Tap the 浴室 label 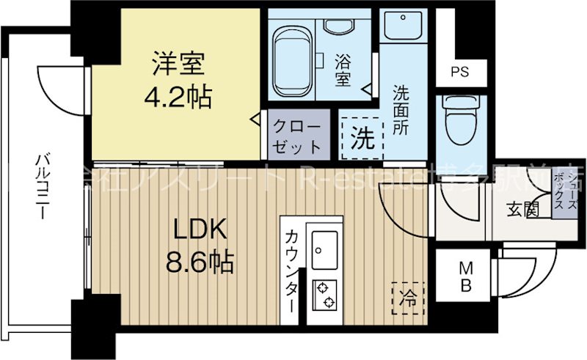coord(343,67)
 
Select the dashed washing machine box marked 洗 coord(361,136)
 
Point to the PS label coord(459,72)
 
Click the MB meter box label coord(464,276)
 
